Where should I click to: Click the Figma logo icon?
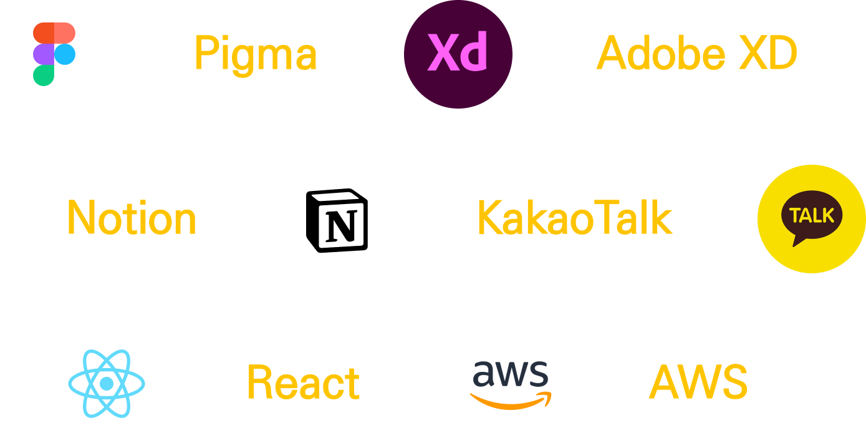pyautogui.click(x=54, y=54)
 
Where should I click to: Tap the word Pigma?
pyautogui.click(x=256, y=54)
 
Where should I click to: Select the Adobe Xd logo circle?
pyautogui.click(x=458, y=54)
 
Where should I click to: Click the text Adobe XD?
pyautogui.click(x=697, y=54)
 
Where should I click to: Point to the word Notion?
pyautogui.click(x=132, y=218)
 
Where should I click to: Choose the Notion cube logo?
pyautogui.click(x=337, y=220)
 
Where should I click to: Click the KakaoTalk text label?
pyautogui.click(x=574, y=218)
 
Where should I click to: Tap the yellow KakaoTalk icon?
pyautogui.click(x=812, y=219)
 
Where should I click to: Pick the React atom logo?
pyautogui.click(x=107, y=383)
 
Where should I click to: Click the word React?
pyautogui.click(x=303, y=382)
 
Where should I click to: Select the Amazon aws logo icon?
pyautogui.click(x=511, y=383)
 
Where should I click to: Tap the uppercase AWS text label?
pyautogui.click(x=698, y=382)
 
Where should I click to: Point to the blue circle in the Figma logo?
pyautogui.click(x=65, y=54)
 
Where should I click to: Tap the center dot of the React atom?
pyautogui.click(x=107, y=383)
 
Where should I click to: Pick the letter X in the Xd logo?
pyautogui.click(x=441, y=53)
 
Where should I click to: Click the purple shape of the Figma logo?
pyautogui.click(x=44, y=54)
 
